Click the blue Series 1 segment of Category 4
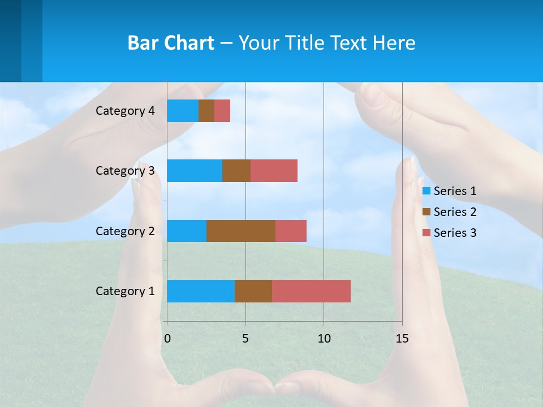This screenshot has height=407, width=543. (183, 111)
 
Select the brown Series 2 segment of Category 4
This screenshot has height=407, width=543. (206, 111)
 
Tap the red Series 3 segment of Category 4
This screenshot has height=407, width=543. (222, 111)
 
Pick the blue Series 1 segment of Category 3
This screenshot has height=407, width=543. (195, 171)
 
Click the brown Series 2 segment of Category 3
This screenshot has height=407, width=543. (236, 171)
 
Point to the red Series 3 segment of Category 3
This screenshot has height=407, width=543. (274, 171)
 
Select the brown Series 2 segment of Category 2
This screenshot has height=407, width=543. (241, 231)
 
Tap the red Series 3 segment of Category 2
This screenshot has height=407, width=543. (291, 231)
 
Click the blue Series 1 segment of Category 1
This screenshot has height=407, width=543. (201, 291)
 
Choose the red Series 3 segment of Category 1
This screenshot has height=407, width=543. (311, 291)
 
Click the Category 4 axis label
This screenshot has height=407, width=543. (125, 111)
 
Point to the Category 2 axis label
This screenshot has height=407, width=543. (125, 231)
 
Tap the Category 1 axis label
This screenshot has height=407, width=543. (125, 291)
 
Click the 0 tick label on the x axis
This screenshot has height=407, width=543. (167, 339)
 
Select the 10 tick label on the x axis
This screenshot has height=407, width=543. (324, 339)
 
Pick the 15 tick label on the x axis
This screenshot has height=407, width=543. (402, 339)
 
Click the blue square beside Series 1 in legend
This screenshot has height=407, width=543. (426, 191)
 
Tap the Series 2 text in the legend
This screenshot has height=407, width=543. (455, 212)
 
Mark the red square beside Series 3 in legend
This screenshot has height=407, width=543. (426, 233)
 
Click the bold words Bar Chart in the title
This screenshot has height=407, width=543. (171, 43)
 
